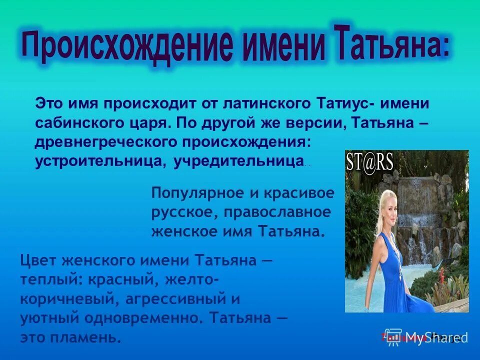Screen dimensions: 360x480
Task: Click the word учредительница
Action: click(238, 161)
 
